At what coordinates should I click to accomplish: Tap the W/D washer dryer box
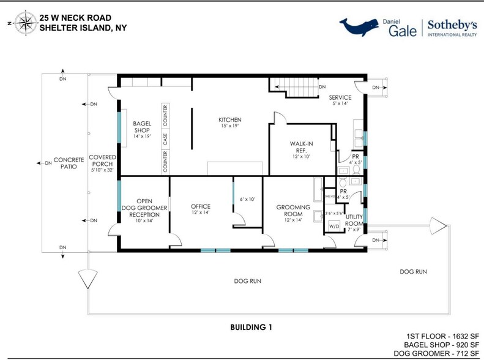pos(333,226)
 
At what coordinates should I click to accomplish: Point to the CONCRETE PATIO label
pos(69,163)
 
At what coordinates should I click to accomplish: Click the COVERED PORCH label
pos(102,160)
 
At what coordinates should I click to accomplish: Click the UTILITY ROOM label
pos(354,221)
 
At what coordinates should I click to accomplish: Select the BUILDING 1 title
pos(251,328)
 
